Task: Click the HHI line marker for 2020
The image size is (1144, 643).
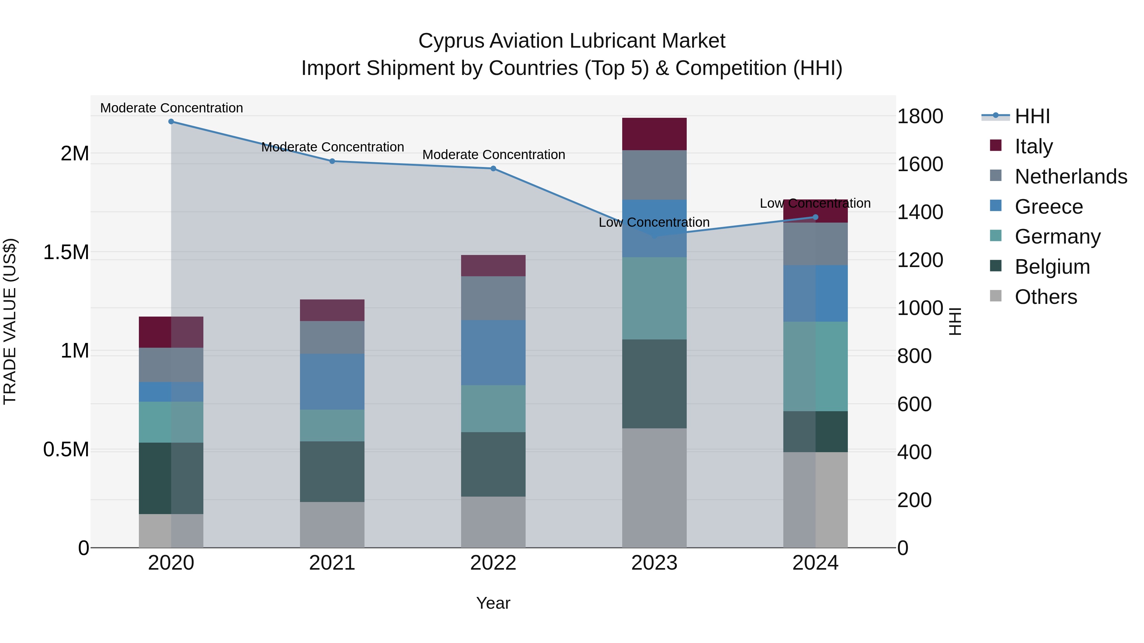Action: point(171,122)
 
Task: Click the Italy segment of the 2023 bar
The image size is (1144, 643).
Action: point(654,134)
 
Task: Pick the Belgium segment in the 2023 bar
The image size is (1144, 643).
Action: point(654,384)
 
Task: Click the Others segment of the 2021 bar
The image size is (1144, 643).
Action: point(332,525)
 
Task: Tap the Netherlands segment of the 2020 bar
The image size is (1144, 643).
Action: point(171,365)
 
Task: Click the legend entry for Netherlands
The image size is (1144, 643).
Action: point(1071,177)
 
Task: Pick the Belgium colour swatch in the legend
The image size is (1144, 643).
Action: point(996,266)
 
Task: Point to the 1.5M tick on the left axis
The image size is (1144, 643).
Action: point(66,252)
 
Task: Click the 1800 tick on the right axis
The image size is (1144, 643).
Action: point(920,116)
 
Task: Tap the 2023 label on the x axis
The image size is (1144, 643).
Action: point(654,563)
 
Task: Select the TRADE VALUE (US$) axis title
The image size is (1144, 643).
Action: point(10,321)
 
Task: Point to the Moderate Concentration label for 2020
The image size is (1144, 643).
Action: point(171,108)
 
